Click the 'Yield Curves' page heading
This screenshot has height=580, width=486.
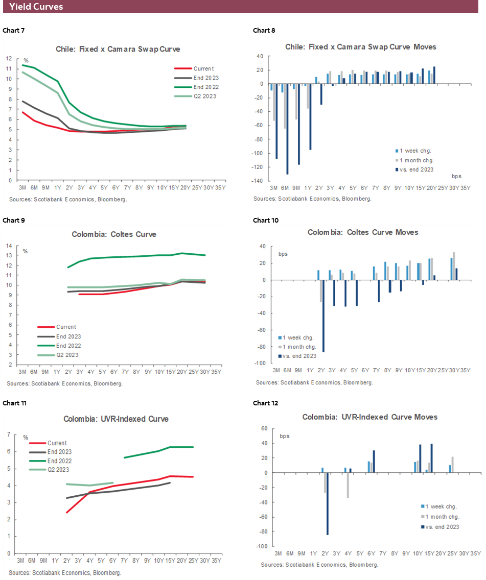(x=36, y=7)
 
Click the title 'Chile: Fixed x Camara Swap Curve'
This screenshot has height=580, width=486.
(x=118, y=50)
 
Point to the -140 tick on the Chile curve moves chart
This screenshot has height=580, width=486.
(x=259, y=181)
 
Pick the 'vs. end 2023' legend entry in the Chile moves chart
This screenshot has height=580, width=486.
(x=414, y=170)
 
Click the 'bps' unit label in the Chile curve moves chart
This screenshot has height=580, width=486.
(x=456, y=176)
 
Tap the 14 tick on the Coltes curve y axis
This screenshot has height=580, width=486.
(x=9, y=246)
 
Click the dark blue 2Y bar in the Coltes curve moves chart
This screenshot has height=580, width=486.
(x=323, y=316)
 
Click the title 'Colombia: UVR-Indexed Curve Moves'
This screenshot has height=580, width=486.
(x=369, y=417)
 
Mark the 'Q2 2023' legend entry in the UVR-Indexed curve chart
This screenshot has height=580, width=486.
(x=58, y=470)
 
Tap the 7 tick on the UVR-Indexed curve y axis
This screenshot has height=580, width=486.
(x=9, y=434)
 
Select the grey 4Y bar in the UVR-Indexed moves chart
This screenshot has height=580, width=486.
(x=348, y=485)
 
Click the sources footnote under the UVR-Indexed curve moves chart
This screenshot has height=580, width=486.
(x=319, y=565)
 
